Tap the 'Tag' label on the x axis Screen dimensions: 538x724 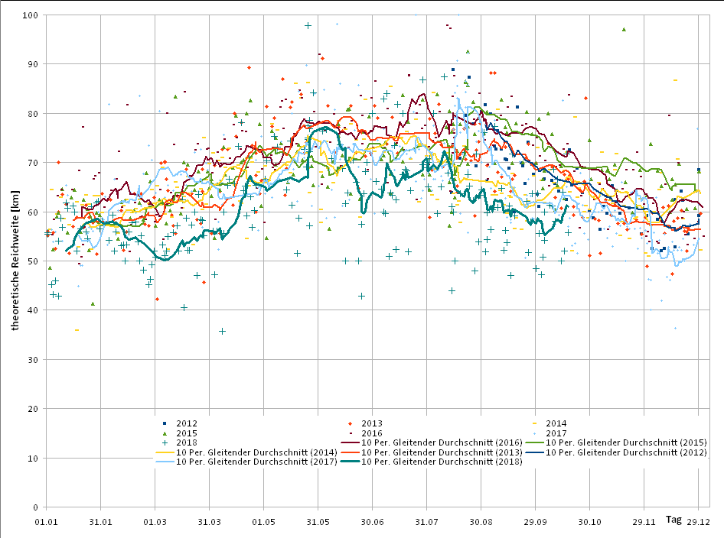click(x=673, y=520)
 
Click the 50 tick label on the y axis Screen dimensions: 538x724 click(x=33, y=261)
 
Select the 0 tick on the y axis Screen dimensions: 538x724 click(x=35, y=507)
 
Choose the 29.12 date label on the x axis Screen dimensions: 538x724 click(x=698, y=522)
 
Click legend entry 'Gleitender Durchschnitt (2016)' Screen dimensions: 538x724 click(x=442, y=442)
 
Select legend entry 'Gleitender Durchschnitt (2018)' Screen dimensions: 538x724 click(x=442, y=462)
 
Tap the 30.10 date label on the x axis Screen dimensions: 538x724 click(x=589, y=522)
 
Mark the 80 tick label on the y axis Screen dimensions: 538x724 click(x=33, y=114)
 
